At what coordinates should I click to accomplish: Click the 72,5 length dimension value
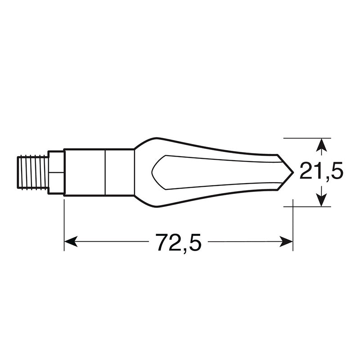click(x=178, y=243)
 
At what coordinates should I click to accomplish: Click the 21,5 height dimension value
click(x=321, y=172)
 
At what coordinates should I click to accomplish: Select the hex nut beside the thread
click(x=56, y=172)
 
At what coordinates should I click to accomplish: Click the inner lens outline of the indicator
click(x=216, y=157)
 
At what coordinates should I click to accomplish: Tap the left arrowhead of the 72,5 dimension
click(x=70, y=242)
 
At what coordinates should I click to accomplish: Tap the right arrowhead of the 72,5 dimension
click(x=288, y=242)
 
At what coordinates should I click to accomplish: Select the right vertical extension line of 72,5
click(x=293, y=225)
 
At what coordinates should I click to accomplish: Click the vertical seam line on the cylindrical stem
click(x=105, y=172)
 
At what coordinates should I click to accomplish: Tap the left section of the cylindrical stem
click(x=84, y=172)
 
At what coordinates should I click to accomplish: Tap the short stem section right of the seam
click(x=120, y=172)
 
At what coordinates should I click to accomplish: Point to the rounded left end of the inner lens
click(x=153, y=172)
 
